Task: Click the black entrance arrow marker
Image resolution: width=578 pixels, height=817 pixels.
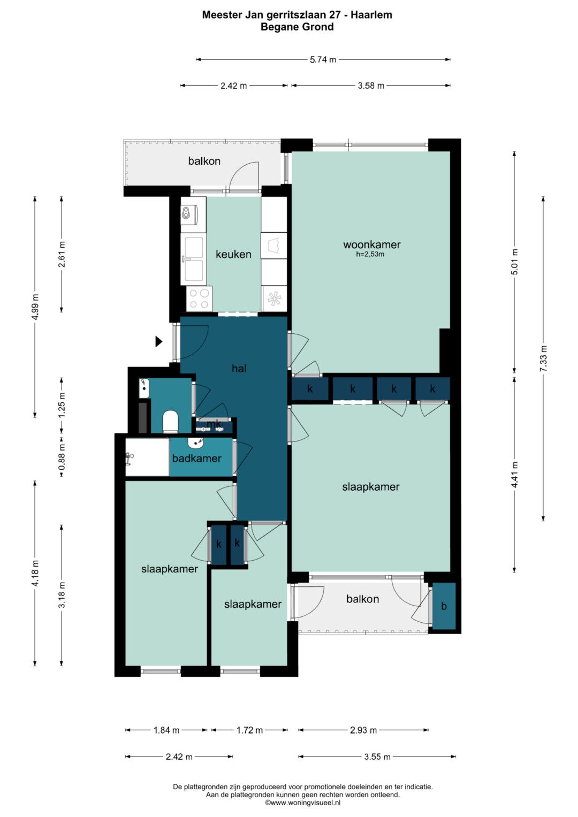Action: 158,341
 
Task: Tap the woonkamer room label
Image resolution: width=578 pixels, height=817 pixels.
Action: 371,245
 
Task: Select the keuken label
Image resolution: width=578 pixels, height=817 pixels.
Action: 233,254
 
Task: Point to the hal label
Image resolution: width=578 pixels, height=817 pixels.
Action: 239,369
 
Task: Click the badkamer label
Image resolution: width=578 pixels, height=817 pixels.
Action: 197,459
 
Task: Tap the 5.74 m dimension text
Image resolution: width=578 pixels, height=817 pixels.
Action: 323,59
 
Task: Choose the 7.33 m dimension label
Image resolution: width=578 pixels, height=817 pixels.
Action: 543,358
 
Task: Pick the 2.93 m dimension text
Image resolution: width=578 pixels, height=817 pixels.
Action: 363,730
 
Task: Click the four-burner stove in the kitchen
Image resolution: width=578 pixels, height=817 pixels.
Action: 199,299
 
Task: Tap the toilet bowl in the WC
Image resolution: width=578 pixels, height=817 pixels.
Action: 170,421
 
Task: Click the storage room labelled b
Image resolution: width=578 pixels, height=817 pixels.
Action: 444,606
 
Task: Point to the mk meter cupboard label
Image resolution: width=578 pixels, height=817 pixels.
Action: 214,424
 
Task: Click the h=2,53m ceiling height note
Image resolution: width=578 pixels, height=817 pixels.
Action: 370,255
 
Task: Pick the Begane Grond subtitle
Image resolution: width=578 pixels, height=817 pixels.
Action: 297,27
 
